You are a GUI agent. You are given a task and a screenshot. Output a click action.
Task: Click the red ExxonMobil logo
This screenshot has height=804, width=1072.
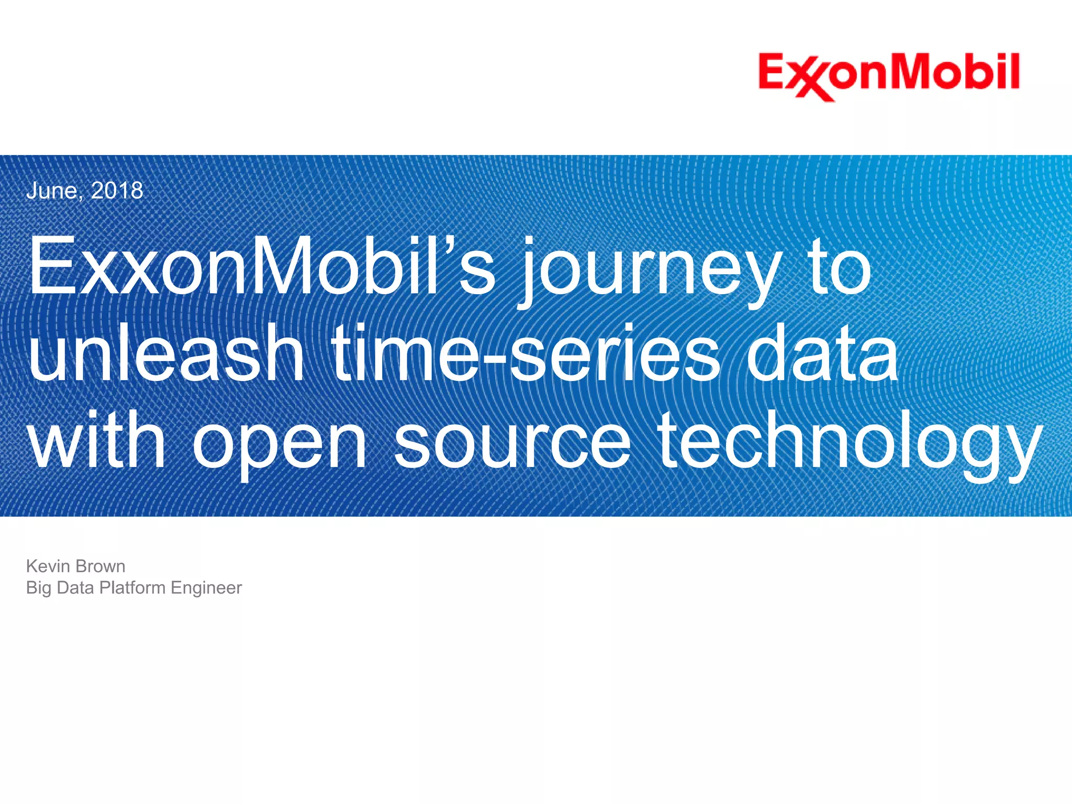889,76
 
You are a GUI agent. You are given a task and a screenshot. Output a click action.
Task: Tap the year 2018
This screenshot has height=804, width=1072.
117,191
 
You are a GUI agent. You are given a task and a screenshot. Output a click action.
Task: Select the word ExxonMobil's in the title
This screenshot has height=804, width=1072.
262,266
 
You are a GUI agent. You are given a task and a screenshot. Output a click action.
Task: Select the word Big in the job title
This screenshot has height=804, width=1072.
39,588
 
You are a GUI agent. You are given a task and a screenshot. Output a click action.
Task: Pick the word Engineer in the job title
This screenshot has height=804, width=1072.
206,588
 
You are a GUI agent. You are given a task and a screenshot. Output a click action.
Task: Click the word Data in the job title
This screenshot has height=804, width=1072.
75,588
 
